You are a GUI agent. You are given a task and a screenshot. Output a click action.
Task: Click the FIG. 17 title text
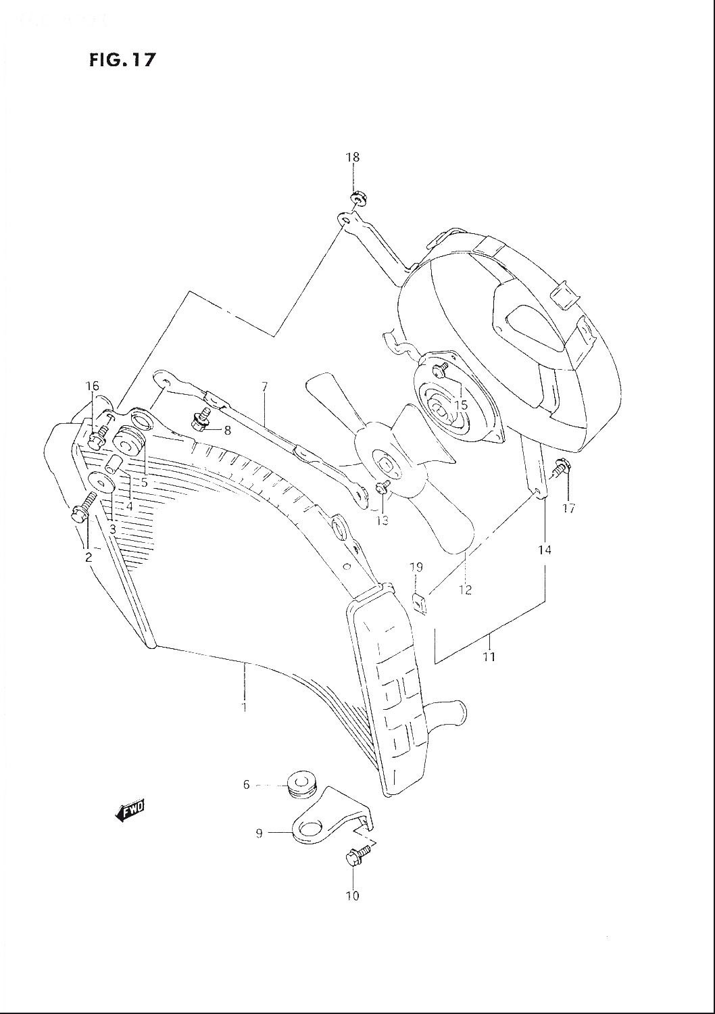tap(122, 59)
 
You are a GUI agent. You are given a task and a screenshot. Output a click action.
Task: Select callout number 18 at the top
tap(353, 158)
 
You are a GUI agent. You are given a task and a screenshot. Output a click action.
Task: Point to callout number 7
tap(265, 387)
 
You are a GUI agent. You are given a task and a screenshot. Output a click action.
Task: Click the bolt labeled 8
tap(199, 420)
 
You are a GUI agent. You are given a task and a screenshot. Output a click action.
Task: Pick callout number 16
tap(93, 386)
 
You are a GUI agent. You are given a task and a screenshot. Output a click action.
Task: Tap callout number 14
tap(545, 550)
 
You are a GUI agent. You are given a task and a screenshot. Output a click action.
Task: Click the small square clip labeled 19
tap(418, 602)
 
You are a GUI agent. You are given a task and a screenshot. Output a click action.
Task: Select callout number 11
tap(489, 656)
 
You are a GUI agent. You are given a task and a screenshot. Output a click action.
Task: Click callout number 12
tap(465, 589)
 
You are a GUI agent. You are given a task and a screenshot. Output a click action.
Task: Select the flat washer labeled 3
tap(101, 483)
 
